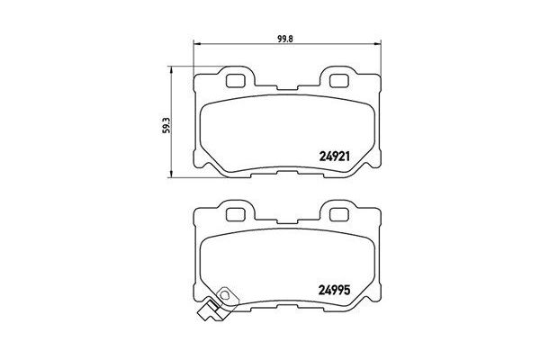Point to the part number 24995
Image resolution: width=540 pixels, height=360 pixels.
point(337,290)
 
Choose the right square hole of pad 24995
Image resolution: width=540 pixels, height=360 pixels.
point(339,215)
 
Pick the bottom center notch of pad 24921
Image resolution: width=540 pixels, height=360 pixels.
point(287,171)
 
